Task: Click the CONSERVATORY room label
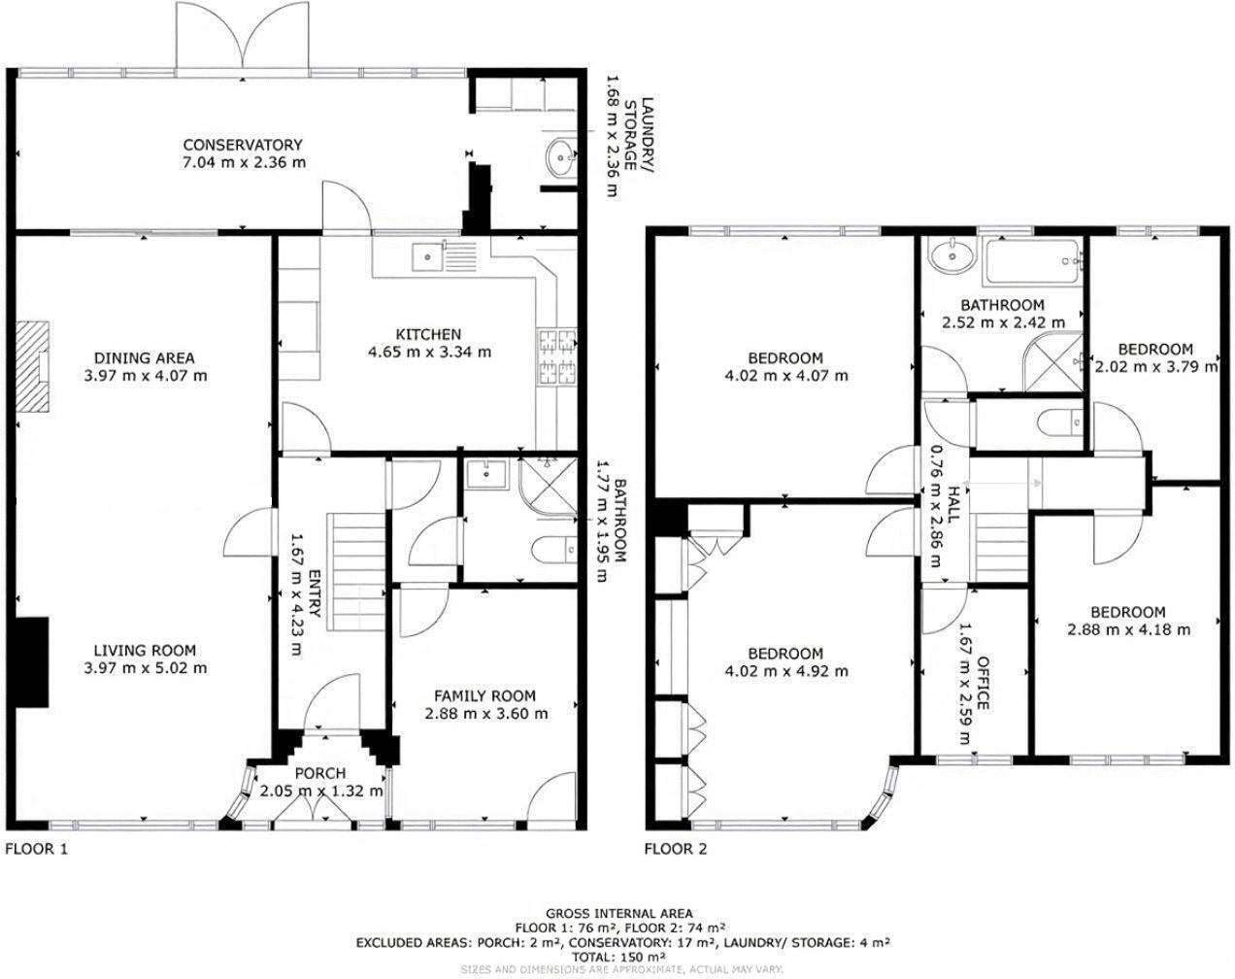[243, 145]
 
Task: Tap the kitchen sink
[427, 256]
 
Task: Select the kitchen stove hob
[557, 356]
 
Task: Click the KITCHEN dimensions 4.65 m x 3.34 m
[429, 352]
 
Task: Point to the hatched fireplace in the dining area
[37, 368]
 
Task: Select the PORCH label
[319, 773]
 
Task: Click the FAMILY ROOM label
[484, 695]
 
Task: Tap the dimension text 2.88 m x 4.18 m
[1128, 629]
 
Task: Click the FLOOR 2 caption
[676, 849]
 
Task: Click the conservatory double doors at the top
[243, 37]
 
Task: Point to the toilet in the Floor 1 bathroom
[553, 550]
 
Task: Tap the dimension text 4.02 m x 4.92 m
[786, 671]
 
